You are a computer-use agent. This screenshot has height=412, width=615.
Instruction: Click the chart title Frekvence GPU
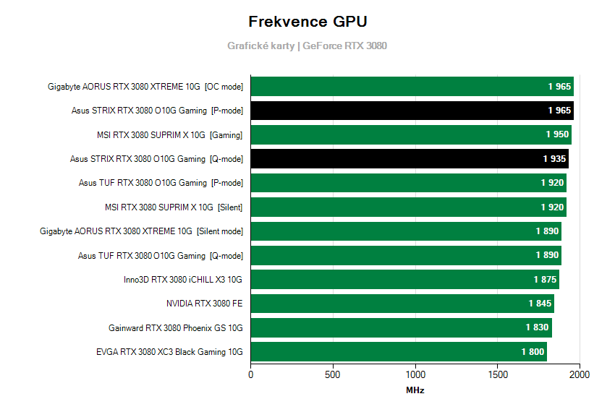(307, 22)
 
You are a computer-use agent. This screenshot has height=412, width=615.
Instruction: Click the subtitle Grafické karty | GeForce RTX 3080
(307, 46)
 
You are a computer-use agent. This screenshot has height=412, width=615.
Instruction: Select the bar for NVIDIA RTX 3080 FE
(402, 304)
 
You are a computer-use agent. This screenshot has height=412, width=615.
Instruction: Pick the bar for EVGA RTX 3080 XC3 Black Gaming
(399, 352)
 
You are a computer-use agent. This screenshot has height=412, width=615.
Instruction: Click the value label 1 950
(557, 134)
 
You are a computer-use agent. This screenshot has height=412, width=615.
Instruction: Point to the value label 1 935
(555, 159)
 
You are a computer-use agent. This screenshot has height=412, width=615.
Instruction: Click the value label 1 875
(546, 280)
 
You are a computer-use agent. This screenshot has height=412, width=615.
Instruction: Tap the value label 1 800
(533, 352)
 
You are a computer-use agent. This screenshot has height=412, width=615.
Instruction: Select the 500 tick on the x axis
(333, 375)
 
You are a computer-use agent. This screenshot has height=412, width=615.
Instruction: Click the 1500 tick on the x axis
(498, 375)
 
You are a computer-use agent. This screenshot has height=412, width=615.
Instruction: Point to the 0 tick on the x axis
(251, 375)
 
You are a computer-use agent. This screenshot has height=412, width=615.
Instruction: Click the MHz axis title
(415, 390)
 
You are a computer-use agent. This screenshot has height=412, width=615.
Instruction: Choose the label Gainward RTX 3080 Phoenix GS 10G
(175, 327)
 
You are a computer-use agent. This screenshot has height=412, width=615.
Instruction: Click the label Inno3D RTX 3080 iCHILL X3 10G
(183, 280)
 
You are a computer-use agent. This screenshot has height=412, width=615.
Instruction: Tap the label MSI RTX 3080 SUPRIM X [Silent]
(174, 207)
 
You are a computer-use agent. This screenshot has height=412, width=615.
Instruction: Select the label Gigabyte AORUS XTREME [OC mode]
(145, 87)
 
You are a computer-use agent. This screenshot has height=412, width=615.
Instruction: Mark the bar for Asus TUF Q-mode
(406, 255)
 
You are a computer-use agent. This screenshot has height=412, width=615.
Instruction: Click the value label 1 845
(540, 304)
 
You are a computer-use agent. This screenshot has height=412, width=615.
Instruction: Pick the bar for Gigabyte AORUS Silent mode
(406, 231)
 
